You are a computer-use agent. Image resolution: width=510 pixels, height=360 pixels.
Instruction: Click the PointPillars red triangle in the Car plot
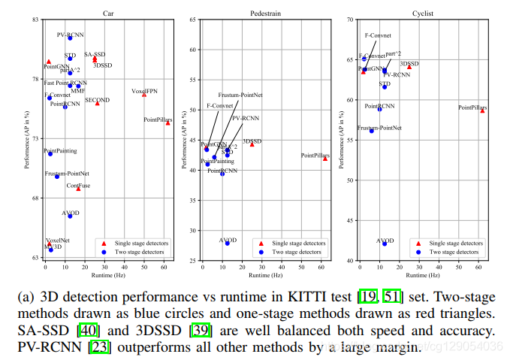[x=168, y=123]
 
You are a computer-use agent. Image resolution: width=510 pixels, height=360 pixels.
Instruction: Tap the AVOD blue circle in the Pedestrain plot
[x=228, y=243]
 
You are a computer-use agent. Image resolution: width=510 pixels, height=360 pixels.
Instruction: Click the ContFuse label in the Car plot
[x=78, y=185]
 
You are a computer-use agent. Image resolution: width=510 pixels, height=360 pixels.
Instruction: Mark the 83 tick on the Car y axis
[x=37, y=19]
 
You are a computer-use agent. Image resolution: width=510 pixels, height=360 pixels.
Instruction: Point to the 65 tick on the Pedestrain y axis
[x=194, y=50]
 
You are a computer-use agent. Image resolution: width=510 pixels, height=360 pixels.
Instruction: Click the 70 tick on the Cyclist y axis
[x=350, y=19]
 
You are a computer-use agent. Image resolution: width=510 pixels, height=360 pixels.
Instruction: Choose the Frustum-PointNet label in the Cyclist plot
[x=379, y=128]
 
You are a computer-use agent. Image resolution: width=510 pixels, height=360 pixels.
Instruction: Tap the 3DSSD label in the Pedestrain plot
[x=252, y=141]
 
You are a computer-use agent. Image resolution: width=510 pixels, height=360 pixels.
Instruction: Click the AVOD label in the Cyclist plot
[x=385, y=241]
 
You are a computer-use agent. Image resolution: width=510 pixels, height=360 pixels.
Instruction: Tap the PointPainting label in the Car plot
[x=60, y=151]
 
